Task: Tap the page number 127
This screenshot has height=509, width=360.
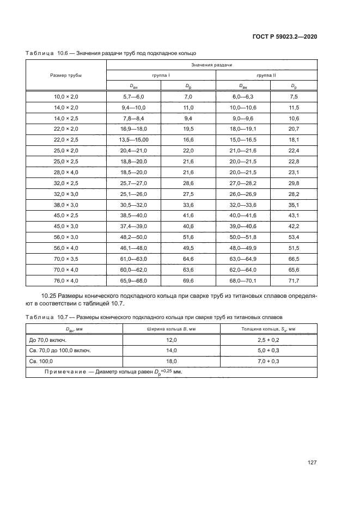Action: click(x=312, y=463)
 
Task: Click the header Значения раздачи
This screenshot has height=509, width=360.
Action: click(x=211, y=65)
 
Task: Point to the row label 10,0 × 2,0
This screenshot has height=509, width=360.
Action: click(x=66, y=96)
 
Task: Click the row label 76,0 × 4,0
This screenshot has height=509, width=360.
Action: click(x=66, y=280)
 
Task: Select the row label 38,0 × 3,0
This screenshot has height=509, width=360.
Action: click(x=66, y=205)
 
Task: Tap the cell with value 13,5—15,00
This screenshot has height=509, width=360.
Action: click(x=133, y=139)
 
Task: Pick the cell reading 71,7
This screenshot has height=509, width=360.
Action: click(x=294, y=280)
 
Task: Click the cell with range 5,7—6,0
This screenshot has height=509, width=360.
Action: click(x=133, y=96)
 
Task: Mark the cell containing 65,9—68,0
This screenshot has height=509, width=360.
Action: click(x=133, y=280)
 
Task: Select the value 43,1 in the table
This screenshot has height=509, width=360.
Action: click(x=294, y=216)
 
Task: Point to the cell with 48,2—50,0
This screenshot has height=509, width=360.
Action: click(x=133, y=237)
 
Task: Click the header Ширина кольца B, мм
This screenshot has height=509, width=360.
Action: click(x=171, y=329)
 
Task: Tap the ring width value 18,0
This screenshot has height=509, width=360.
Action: click(x=171, y=361)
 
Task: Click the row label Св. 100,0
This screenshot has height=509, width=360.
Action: click(x=41, y=361)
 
